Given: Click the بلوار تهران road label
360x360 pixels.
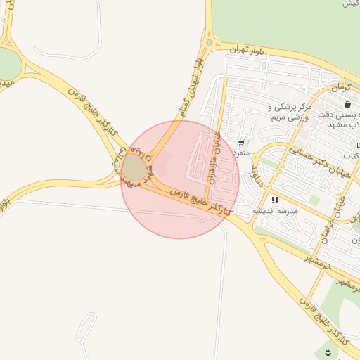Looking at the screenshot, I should (x=247, y=50).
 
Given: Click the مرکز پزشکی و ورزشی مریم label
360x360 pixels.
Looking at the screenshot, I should (x=288, y=112).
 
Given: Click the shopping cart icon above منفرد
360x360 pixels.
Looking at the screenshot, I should (x=243, y=141).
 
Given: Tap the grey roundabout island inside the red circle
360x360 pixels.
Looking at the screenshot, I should (x=134, y=168).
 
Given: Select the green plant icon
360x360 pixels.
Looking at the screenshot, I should (x=328, y=349).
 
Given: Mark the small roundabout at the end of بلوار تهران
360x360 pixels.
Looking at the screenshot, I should (x=209, y=44).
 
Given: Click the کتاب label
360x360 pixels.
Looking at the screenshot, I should (x=352, y=154).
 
